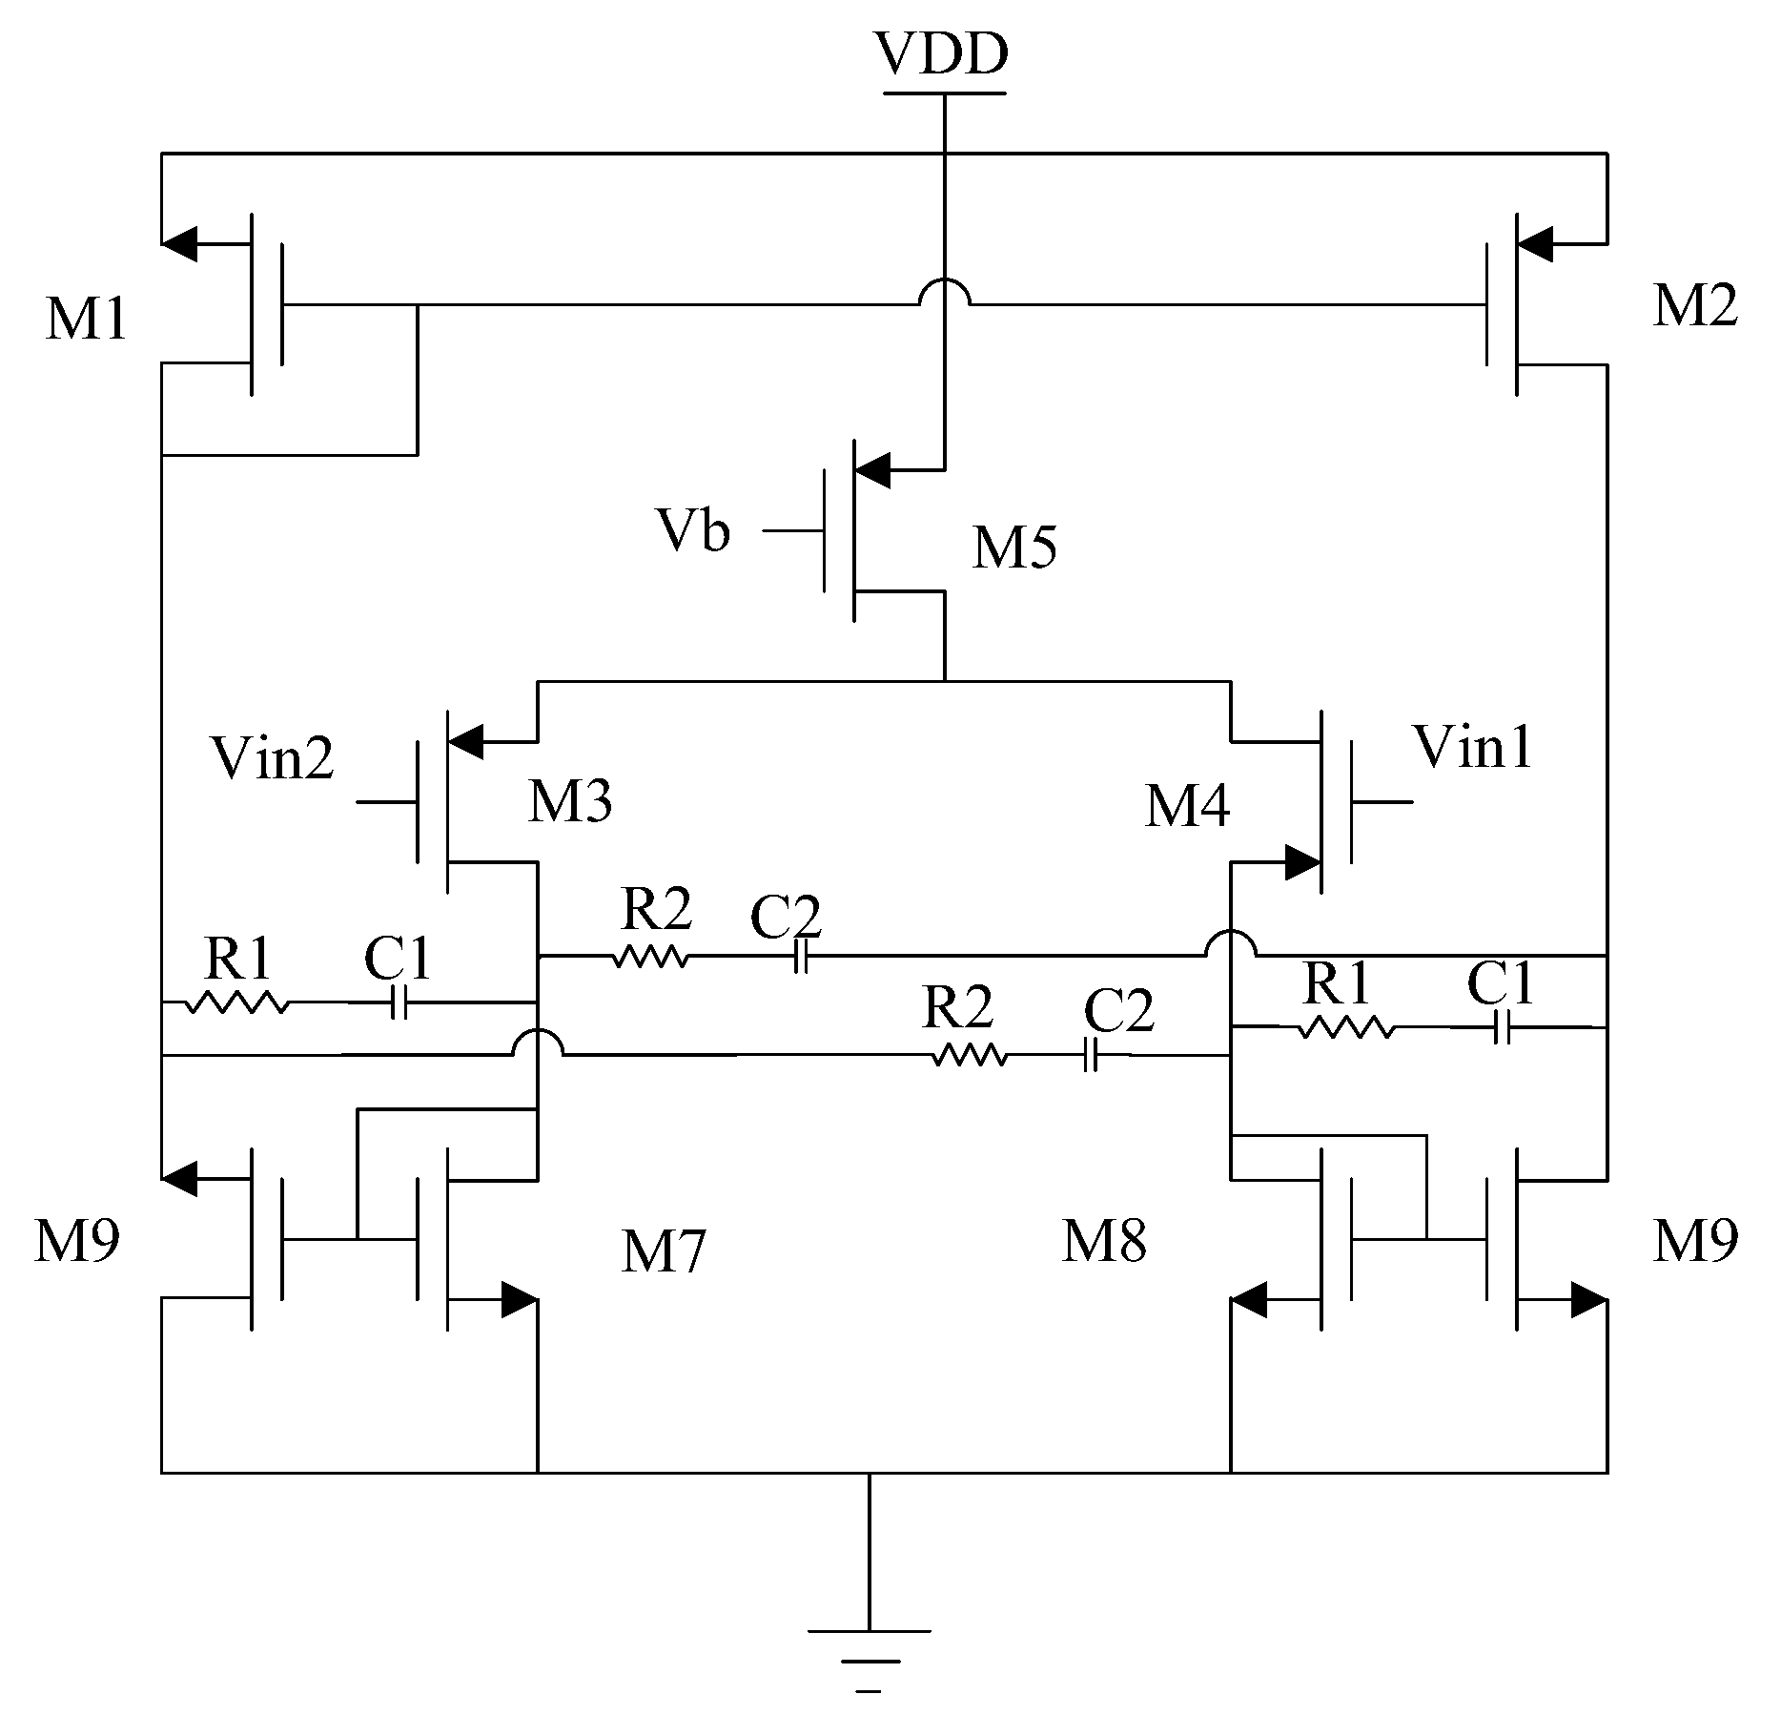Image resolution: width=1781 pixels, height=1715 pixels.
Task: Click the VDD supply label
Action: coord(943,54)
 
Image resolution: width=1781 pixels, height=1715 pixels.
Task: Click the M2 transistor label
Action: coord(1694,307)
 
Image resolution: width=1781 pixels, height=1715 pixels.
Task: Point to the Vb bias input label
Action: coord(693,530)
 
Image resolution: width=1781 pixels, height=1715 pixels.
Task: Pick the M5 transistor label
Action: coord(1013,548)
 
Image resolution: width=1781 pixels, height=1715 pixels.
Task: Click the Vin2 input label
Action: coord(274,758)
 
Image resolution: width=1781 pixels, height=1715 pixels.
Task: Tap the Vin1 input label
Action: coord(1473,747)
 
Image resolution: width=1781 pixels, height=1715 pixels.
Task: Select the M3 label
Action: coord(570,801)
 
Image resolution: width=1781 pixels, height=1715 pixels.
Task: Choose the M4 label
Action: coord(1187,807)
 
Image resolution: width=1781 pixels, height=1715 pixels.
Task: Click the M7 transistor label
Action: coord(664,1251)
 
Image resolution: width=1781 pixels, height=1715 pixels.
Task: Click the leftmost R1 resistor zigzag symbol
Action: coord(235,1002)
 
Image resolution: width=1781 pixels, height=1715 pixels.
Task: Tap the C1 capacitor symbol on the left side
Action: coord(399,1002)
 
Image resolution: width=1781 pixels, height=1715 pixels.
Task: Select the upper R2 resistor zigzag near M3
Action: coord(650,956)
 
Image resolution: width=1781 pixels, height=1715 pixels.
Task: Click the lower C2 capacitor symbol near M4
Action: coord(1092,1055)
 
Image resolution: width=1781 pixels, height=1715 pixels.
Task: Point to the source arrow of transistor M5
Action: coord(872,468)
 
